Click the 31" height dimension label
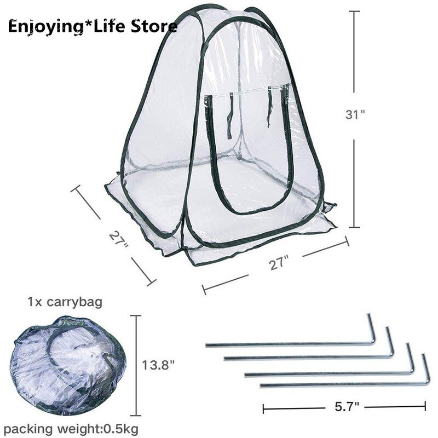[x=355, y=114]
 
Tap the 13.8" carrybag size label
[x=158, y=365]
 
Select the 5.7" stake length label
[x=347, y=407]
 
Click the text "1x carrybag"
[x=65, y=302]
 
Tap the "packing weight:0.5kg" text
[x=71, y=428]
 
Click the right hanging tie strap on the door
[x=270, y=107]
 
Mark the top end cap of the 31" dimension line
[x=354, y=11]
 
